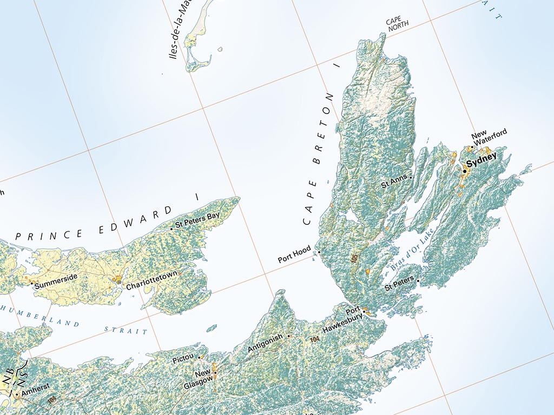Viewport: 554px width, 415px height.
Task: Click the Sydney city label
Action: click(x=481, y=161)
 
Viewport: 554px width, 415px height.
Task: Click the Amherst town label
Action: click(x=37, y=387)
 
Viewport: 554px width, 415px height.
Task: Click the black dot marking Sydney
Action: click(x=464, y=171)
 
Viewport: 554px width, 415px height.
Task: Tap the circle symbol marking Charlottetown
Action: click(x=119, y=282)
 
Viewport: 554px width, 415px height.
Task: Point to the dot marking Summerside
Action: click(x=31, y=283)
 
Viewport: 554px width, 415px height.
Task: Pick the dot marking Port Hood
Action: click(x=319, y=252)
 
